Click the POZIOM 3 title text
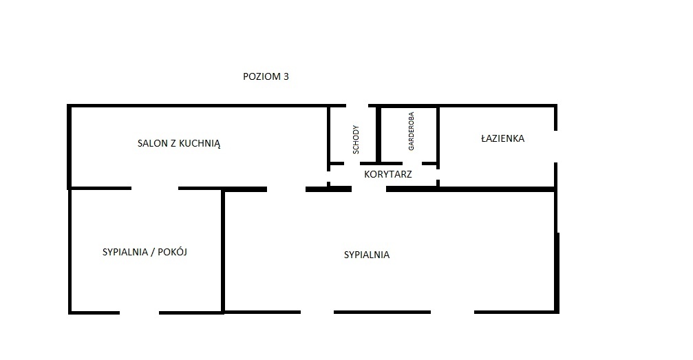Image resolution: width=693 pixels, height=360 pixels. (266, 76)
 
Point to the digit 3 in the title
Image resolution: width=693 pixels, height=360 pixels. (286, 76)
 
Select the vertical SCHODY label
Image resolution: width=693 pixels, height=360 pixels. (356, 139)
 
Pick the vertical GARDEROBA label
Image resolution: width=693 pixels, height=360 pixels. (411, 131)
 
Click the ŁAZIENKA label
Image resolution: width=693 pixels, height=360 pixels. (502, 138)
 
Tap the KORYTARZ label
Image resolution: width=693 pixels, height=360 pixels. (388, 174)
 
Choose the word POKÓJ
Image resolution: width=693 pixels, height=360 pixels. (172, 252)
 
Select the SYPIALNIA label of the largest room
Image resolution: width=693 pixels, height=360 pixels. (367, 255)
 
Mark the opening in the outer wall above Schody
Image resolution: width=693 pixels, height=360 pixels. (357, 106)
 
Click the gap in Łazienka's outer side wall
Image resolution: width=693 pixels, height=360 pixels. (555, 147)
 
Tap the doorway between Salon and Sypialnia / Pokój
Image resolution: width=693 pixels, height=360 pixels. (155, 189)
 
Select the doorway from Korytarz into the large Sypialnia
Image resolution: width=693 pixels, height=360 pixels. (369, 189)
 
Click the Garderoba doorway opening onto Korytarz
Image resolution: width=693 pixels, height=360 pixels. (412, 163)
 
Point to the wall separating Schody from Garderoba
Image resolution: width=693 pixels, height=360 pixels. (379, 134)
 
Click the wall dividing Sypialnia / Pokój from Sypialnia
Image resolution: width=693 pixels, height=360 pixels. (223, 251)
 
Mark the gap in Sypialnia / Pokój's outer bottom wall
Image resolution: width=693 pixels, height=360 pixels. (139, 313)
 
